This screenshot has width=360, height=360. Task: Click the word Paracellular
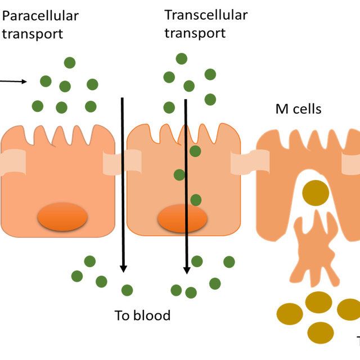click(x=40, y=16)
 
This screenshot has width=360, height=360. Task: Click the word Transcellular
click(x=206, y=15)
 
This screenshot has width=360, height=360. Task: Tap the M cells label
click(x=298, y=109)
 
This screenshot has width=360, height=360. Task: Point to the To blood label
click(x=142, y=315)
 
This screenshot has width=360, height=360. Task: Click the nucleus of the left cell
click(x=62, y=217)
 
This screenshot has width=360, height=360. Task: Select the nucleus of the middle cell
click(x=182, y=218)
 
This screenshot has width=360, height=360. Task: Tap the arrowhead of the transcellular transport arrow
click(x=187, y=269)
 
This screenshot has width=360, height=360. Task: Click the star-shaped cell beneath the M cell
click(x=317, y=247)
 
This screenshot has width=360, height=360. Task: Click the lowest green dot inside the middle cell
click(x=195, y=200)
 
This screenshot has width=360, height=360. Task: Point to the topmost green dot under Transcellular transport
click(x=181, y=58)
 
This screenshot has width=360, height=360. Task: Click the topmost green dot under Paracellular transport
click(x=70, y=62)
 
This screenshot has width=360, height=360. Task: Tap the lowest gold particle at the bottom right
click(x=321, y=332)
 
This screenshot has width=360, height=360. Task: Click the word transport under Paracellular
click(x=33, y=33)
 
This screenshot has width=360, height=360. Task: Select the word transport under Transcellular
click(x=195, y=33)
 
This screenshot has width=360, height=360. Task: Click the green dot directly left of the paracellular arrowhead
click(x=102, y=281)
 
